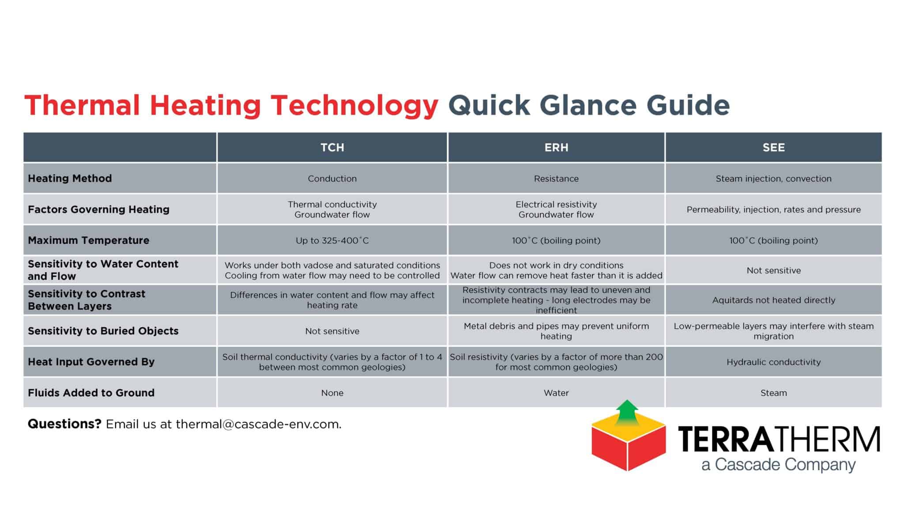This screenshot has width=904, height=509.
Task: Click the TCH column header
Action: tap(332, 148)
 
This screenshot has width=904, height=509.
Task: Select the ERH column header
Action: tap(556, 148)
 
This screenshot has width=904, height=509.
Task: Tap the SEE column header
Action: tap(773, 148)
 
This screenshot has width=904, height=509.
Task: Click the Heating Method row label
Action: tap(70, 179)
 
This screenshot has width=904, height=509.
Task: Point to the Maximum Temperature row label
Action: tap(88, 240)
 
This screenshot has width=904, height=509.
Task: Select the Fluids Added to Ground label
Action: tap(91, 393)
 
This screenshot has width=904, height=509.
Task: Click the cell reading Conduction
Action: tap(332, 179)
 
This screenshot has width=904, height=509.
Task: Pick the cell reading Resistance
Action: tap(556, 179)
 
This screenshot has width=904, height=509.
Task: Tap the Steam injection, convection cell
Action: tap(773, 179)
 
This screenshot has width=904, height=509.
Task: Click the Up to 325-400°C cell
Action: tap(332, 240)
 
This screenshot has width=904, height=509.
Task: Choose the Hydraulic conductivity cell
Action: tap(773, 362)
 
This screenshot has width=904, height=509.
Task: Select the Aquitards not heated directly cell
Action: tap(773, 300)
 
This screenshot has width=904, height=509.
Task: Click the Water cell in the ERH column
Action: tap(556, 393)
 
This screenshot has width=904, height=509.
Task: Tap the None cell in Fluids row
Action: tap(332, 393)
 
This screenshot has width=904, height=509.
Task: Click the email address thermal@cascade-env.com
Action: tap(258, 424)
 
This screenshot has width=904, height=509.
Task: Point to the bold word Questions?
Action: tap(64, 424)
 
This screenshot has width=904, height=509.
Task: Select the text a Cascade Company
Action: tap(778, 465)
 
